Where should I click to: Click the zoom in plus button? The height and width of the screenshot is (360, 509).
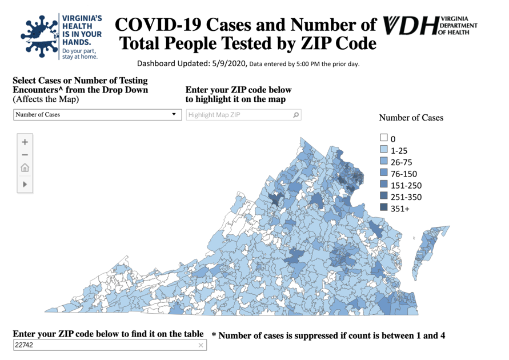[x=25, y=142]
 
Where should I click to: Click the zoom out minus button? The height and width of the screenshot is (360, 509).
[x=25, y=155]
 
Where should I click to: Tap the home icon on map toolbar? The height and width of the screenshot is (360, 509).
[x=25, y=169]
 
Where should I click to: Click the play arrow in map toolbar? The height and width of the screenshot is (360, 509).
[x=25, y=184]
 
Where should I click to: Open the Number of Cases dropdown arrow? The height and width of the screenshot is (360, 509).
[x=174, y=114]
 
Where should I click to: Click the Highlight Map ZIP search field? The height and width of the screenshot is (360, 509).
[x=237, y=115]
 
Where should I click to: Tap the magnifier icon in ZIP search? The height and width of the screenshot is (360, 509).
[x=295, y=115]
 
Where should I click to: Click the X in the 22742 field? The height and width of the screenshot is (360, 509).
[x=201, y=345]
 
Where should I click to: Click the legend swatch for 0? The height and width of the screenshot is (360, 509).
[x=384, y=138]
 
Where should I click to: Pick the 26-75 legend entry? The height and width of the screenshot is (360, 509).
[x=400, y=162]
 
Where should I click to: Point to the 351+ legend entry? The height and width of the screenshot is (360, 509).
[x=399, y=209]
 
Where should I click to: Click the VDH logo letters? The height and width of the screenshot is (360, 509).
[x=411, y=26]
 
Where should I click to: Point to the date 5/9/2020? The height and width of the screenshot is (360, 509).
[x=229, y=63]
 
